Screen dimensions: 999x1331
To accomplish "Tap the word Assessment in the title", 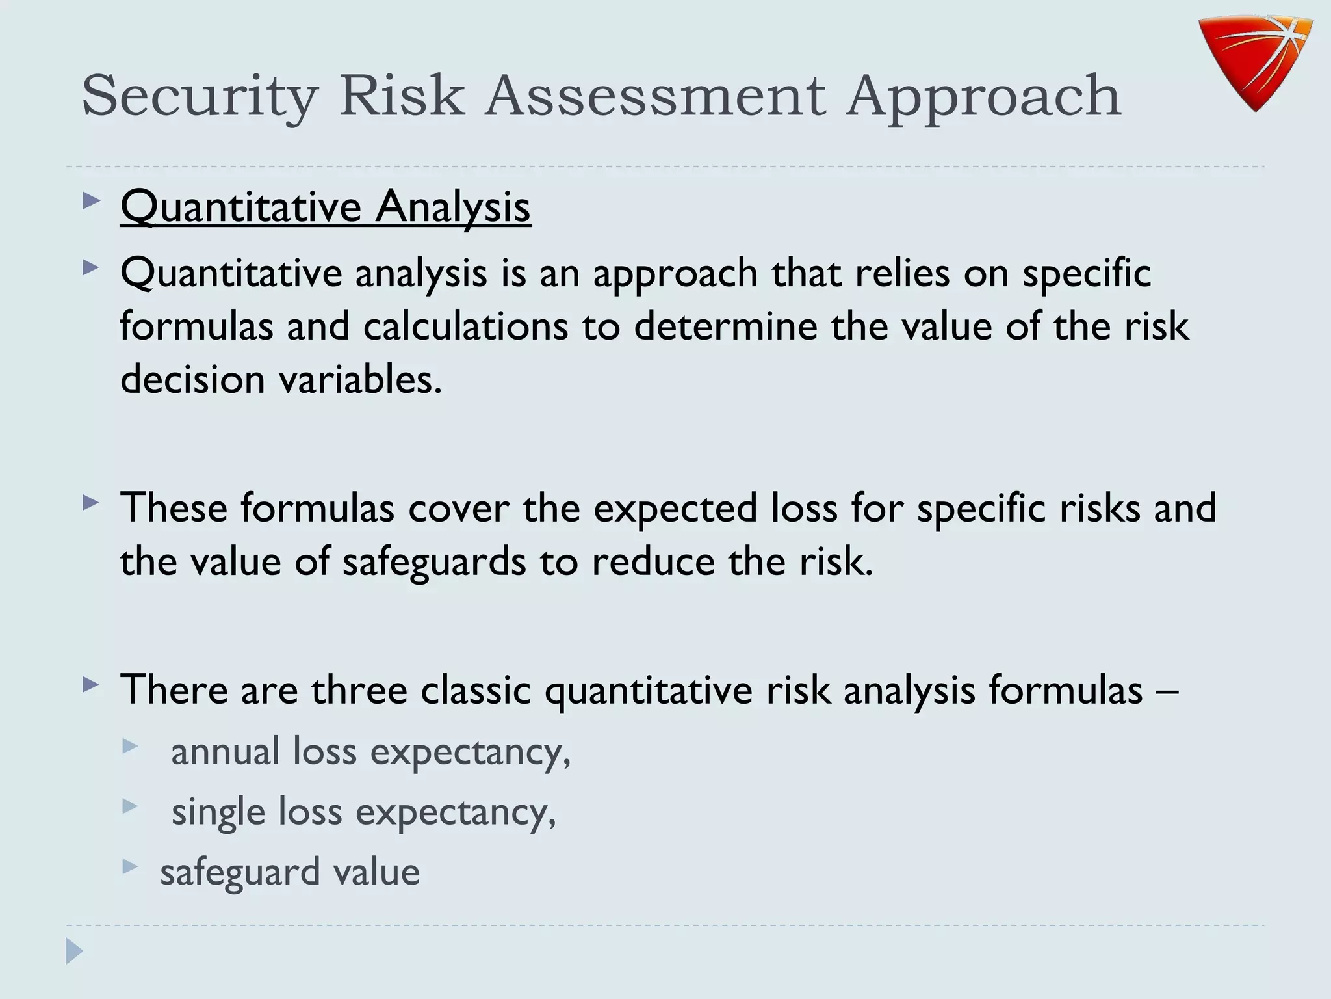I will (x=656, y=96).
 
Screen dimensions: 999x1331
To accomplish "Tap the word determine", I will (x=725, y=326).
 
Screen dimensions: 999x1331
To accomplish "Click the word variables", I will (x=360, y=380).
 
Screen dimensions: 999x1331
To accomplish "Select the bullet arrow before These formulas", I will (x=92, y=502).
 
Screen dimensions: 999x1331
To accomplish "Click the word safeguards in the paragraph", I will (x=433, y=563).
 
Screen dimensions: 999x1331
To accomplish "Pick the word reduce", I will (x=653, y=562).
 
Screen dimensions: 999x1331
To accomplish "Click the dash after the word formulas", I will (x=1167, y=691).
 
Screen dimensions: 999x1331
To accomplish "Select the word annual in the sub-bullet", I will (x=225, y=752).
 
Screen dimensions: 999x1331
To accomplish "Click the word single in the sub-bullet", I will (x=218, y=813).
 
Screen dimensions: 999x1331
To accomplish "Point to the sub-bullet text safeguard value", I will (x=290, y=873).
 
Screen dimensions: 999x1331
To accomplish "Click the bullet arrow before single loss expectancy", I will (x=130, y=806).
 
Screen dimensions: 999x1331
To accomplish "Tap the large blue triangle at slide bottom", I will (x=74, y=952).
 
